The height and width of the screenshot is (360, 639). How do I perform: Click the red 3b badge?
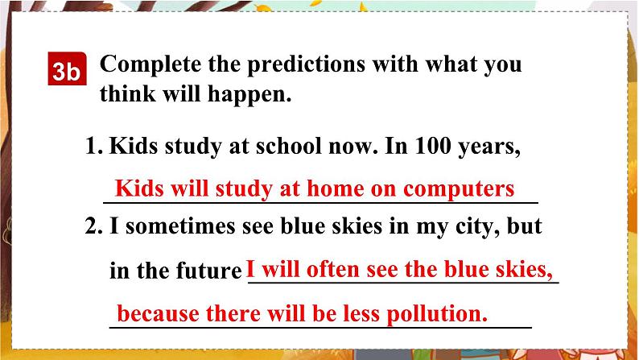click(67, 71)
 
